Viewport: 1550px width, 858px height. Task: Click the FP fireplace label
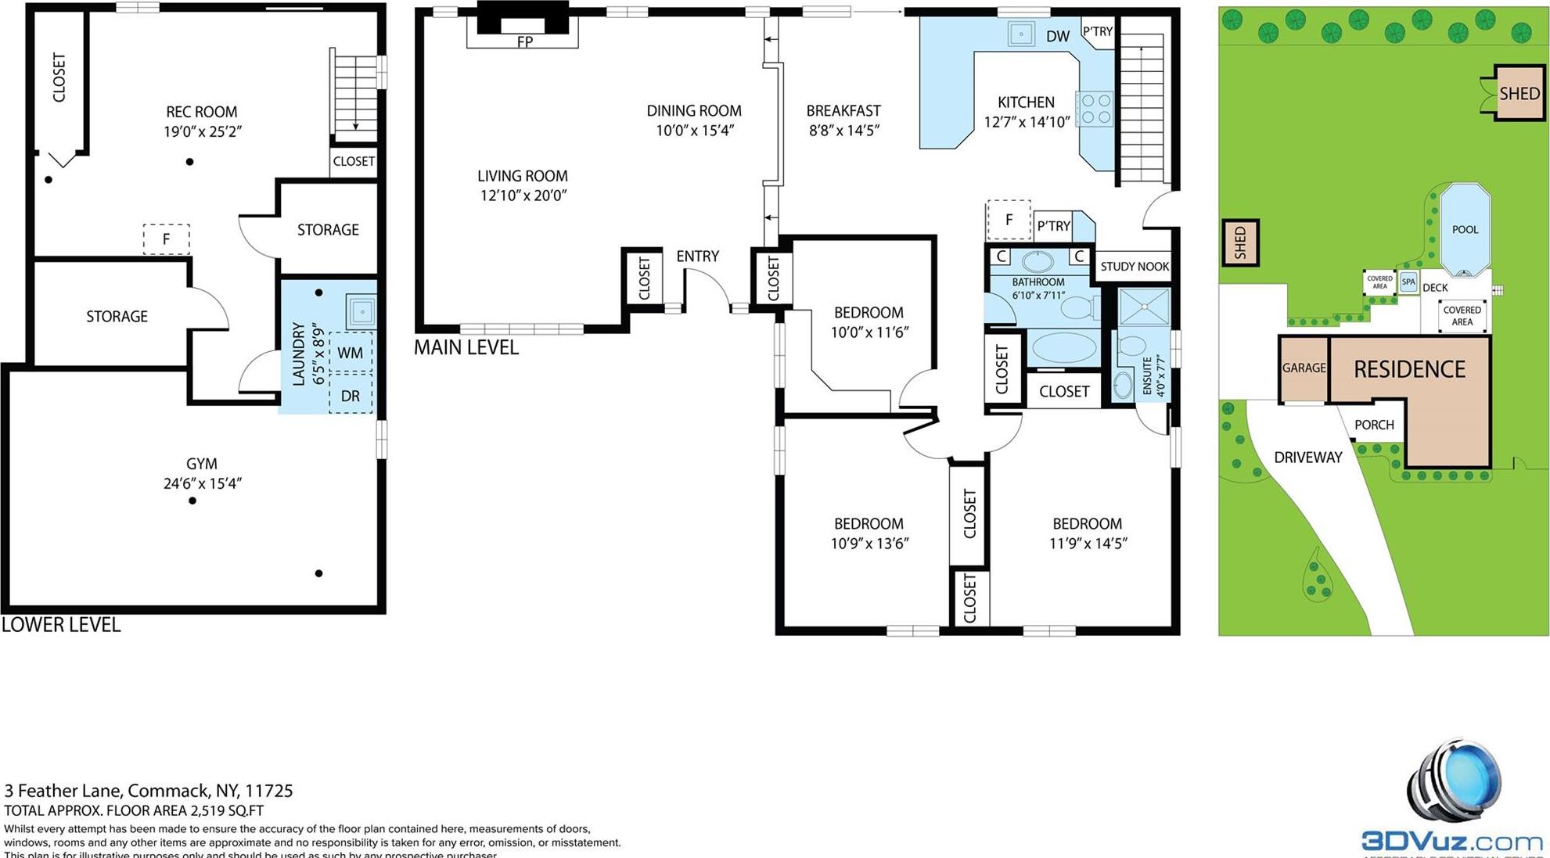(525, 41)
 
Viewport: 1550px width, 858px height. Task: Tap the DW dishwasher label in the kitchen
(1058, 36)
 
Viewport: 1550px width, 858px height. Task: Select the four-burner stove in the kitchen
(1095, 109)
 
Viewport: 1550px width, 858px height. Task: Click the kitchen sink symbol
(1021, 34)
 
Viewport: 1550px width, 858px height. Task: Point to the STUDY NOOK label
(1134, 267)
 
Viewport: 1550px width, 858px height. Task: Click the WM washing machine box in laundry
(350, 353)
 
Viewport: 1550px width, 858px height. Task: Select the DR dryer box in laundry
(350, 396)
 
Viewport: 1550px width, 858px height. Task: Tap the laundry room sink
(361, 311)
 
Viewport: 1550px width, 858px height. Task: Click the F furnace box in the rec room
(166, 239)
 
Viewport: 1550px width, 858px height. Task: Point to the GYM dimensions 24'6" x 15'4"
(202, 483)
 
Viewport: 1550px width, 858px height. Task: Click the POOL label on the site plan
(1465, 229)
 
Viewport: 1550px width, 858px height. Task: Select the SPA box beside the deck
(1408, 282)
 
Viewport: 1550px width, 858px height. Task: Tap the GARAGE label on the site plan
(1304, 368)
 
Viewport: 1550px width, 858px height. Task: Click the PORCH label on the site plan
(1374, 425)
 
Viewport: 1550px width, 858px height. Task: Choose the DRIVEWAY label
(1307, 458)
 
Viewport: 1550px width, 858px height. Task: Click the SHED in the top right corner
(1519, 94)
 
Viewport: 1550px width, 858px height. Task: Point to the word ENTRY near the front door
(697, 257)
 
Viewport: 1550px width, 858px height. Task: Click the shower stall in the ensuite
(1143, 307)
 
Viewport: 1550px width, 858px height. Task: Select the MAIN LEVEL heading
(466, 347)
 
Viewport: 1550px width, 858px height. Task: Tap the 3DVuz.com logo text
(1451, 842)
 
